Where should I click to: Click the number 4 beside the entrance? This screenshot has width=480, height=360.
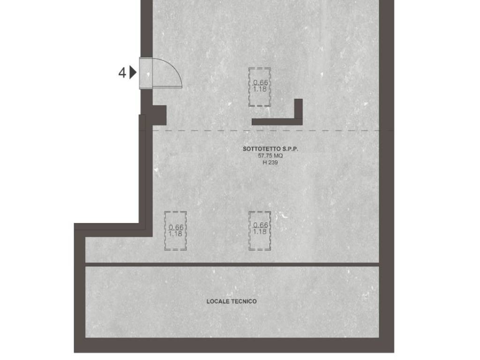click(x=122, y=73)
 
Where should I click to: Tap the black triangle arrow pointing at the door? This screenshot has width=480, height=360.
click(x=133, y=73)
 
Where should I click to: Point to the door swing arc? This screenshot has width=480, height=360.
click(x=173, y=68)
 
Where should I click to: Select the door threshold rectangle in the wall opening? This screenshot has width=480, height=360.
click(x=146, y=73)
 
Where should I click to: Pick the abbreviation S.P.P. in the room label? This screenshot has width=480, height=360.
click(x=290, y=149)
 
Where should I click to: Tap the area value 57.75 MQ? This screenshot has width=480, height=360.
click(x=270, y=156)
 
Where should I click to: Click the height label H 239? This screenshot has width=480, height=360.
click(x=270, y=163)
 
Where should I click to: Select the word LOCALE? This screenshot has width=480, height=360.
click(x=217, y=301)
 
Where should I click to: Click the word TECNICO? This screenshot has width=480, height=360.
click(x=244, y=301)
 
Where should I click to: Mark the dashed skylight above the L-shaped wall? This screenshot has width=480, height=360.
click(x=260, y=87)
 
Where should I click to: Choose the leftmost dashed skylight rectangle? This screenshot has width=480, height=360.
click(x=175, y=231)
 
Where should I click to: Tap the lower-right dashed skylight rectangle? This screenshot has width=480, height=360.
click(x=260, y=231)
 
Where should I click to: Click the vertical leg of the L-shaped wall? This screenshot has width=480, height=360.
click(x=299, y=112)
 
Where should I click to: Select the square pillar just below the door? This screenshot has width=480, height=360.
click(x=159, y=115)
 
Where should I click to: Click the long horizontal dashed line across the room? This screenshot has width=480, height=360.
click(x=266, y=130)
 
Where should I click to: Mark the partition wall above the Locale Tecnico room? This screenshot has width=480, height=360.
click(x=232, y=264)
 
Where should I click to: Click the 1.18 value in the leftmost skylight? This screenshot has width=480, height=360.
click(x=176, y=234)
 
